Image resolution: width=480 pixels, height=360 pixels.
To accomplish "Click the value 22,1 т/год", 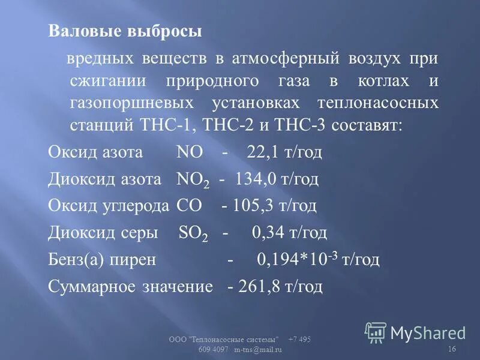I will [x=284, y=151].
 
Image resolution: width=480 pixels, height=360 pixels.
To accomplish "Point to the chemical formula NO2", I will [x=192, y=179].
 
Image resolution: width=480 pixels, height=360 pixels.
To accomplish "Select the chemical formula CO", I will [x=189, y=206].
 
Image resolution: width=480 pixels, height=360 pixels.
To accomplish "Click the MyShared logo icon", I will [x=376, y=332].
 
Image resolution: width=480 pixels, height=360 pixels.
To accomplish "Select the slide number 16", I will [x=451, y=350].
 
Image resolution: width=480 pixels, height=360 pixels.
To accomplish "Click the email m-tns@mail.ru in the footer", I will [x=258, y=350].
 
